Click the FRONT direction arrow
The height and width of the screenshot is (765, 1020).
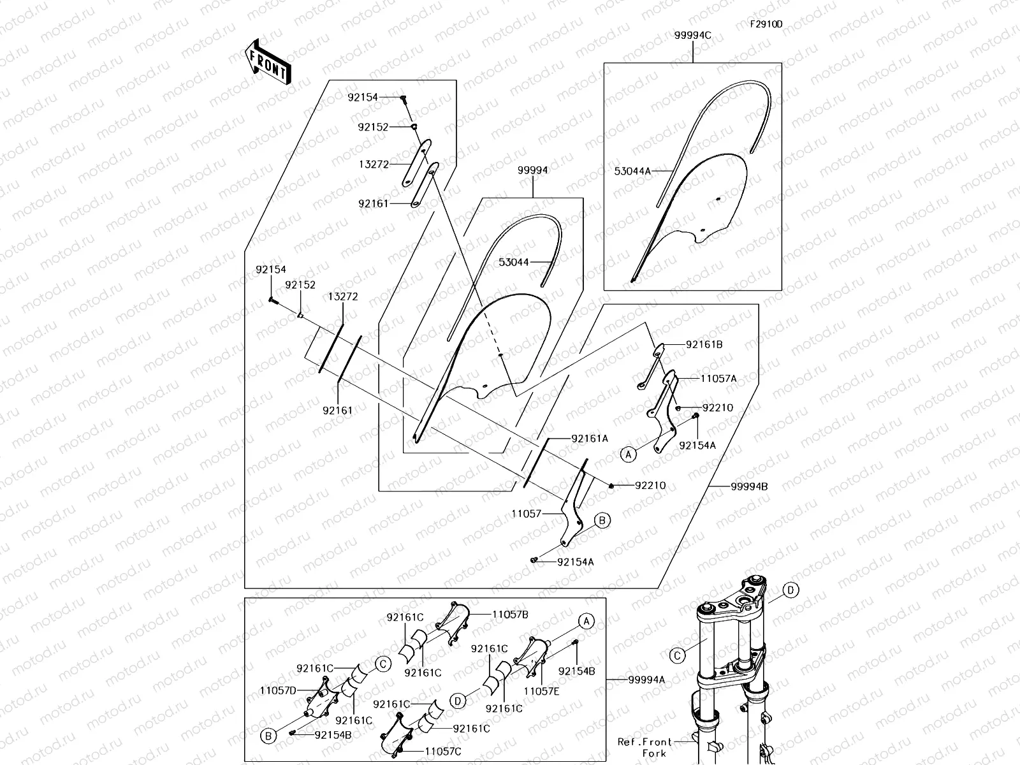tap(268, 62)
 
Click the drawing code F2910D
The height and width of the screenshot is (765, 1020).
tap(766, 24)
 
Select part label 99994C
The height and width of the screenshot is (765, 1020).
tap(692, 36)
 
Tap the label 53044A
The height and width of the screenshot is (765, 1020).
tap(632, 171)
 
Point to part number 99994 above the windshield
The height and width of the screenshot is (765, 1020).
tap(532, 170)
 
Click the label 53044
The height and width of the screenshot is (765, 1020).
tap(514, 262)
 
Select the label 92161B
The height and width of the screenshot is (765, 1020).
tap(704, 344)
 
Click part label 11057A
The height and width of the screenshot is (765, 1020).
tap(718, 378)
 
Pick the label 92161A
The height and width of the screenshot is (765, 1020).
tap(590, 439)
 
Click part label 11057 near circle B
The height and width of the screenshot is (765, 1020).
tap(526, 513)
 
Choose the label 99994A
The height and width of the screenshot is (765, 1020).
tap(646, 680)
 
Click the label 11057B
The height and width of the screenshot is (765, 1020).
tap(510, 615)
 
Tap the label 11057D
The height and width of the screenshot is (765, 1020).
tap(278, 690)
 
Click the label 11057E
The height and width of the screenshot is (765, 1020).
tap(543, 690)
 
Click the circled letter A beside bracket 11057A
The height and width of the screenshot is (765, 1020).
tap(629, 454)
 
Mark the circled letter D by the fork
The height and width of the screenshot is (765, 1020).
tap(790, 590)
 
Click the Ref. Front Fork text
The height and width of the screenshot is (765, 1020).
tap(645, 747)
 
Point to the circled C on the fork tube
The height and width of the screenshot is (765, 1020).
tap(677, 655)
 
